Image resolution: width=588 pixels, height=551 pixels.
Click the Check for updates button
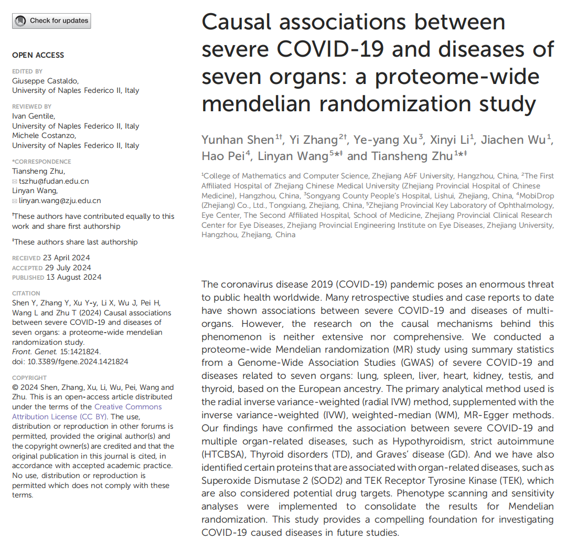tap(51, 21)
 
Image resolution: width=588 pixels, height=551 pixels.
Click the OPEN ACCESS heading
tap(38, 55)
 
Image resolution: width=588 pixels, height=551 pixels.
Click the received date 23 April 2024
tap(66, 258)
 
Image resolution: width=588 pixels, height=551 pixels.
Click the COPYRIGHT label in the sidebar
tap(29, 378)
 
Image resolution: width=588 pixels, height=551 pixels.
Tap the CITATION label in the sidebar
tap(26, 293)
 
